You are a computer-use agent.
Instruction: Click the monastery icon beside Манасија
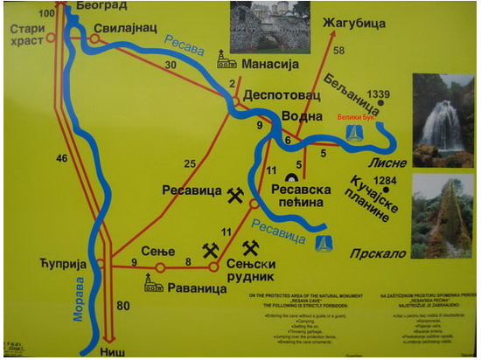click(226, 59)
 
